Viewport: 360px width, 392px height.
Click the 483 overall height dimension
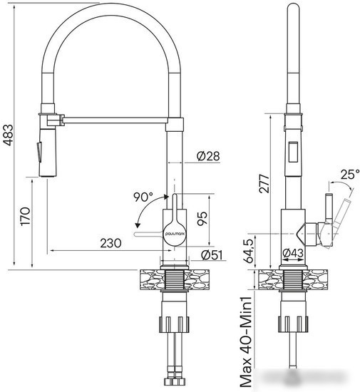9,135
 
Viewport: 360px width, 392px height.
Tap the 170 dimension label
26,217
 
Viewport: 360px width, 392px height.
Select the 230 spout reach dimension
110,243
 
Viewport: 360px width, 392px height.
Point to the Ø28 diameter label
208,156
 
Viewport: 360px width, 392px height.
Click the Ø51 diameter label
212,254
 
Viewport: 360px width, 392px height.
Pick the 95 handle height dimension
202,219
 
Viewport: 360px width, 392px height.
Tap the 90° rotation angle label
143,197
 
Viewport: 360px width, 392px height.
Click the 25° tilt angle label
350,174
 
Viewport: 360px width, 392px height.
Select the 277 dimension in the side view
264,183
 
